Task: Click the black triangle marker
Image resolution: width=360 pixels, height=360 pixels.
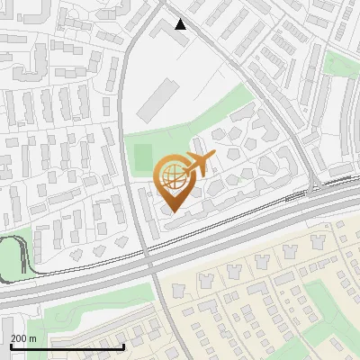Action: tap(181, 24)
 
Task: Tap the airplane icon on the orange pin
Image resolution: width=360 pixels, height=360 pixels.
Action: tap(199, 164)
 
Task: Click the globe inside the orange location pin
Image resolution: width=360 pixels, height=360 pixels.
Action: tap(171, 174)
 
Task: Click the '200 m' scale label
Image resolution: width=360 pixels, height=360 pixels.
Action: tap(23, 338)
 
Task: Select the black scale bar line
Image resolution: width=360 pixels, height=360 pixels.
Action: tap(67, 346)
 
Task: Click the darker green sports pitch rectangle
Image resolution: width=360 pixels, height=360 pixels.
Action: tap(144, 158)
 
